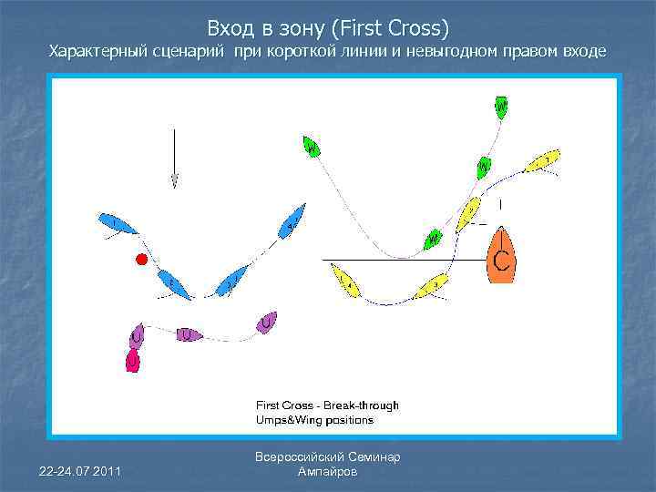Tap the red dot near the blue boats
(140, 260)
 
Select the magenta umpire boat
(133, 361)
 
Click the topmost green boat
(500, 108)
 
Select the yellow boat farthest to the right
(542, 162)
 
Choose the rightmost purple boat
(267, 323)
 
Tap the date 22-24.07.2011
(80, 469)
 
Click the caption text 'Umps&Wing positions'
(314, 420)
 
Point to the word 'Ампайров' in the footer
(328, 472)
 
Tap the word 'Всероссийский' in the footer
(304, 457)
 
